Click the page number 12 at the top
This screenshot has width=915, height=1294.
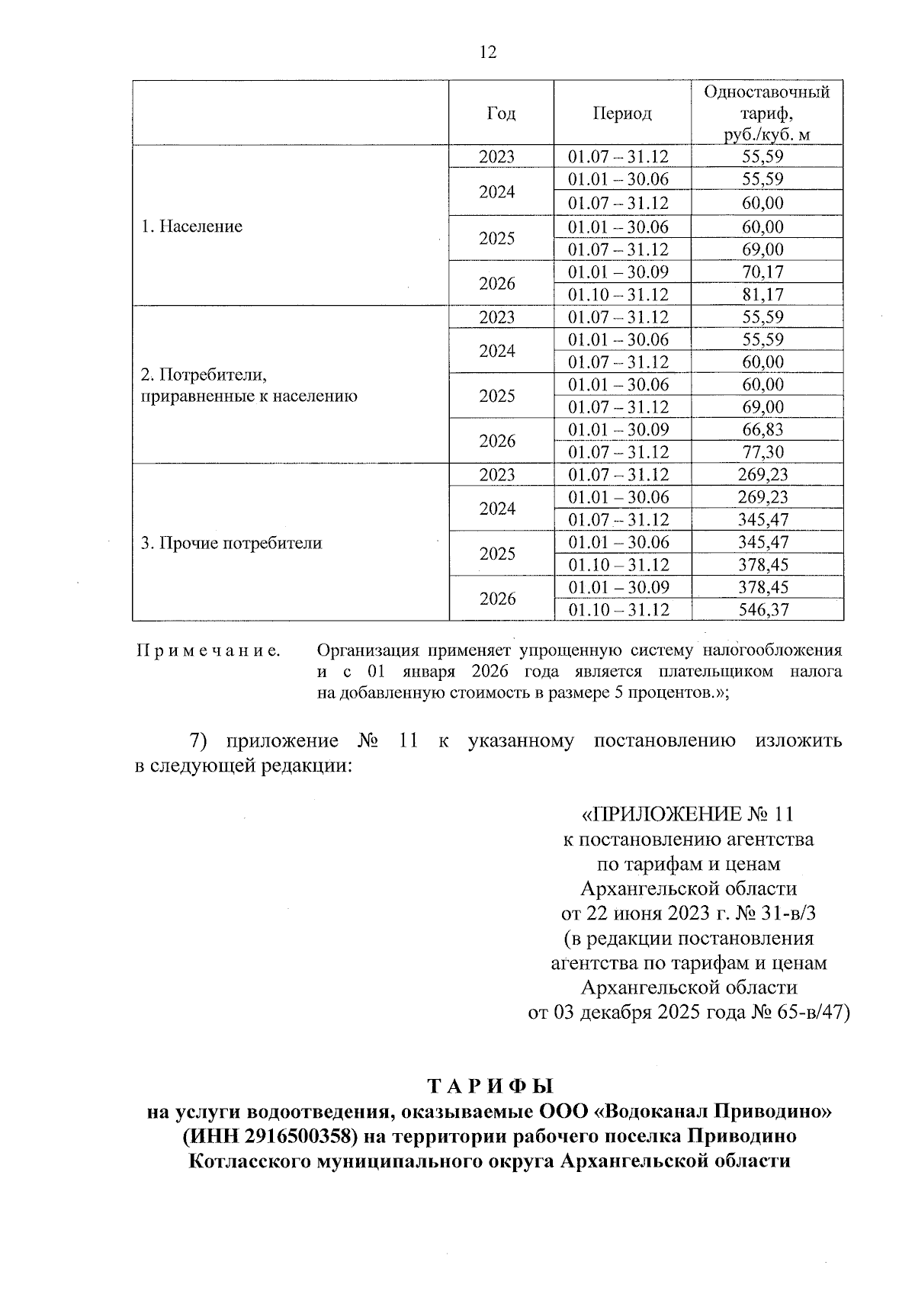(x=487, y=52)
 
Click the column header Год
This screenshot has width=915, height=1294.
(x=500, y=114)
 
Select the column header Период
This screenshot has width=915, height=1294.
(x=622, y=114)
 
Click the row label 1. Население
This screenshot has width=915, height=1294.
(x=192, y=226)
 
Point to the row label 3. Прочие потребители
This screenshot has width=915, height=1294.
(x=231, y=543)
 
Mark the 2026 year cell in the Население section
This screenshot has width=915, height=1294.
(x=497, y=284)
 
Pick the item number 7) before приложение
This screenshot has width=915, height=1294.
(x=198, y=741)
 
